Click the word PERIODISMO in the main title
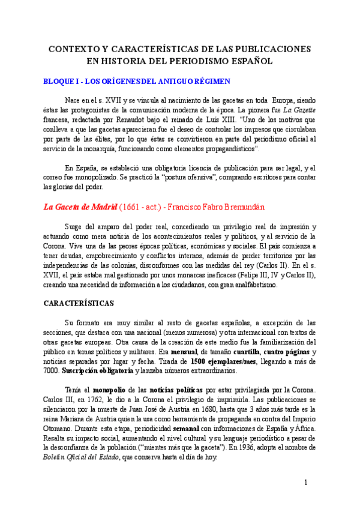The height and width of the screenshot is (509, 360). (x=199, y=61)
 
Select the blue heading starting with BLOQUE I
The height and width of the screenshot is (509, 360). (x=137, y=81)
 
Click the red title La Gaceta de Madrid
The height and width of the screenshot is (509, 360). (x=79, y=208)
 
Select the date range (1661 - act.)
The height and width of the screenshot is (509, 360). (x=139, y=208)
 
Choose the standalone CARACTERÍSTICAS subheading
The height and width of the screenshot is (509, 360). (x=79, y=304)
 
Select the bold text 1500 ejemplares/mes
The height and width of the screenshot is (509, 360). (x=226, y=361)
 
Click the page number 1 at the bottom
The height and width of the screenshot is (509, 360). (x=306, y=483)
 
